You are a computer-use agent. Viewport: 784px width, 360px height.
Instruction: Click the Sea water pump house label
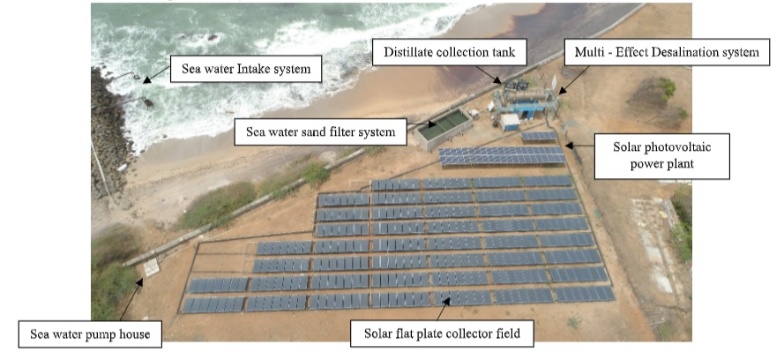[86, 334]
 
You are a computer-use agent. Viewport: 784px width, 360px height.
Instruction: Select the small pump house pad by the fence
[151, 266]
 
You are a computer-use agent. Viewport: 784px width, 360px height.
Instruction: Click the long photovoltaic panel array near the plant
[503, 156]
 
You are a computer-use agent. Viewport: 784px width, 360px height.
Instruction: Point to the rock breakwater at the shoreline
[109, 132]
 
